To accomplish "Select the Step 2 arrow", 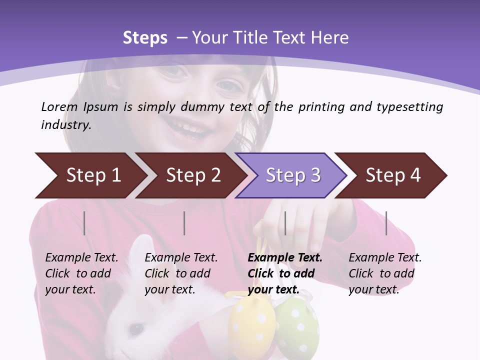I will pyautogui.click(x=192, y=175).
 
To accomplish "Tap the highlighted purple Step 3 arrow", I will pyautogui.click(x=292, y=175).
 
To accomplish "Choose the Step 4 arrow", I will pyautogui.click(x=393, y=175).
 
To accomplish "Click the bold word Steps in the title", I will pyautogui.click(x=145, y=38).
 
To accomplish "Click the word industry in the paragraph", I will pyautogui.click(x=65, y=125).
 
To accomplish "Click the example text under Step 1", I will pyautogui.click(x=81, y=273).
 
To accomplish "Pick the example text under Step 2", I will pyautogui.click(x=181, y=273).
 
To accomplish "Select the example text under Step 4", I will pyautogui.click(x=385, y=273).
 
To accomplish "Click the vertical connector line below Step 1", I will pyautogui.click(x=84, y=223).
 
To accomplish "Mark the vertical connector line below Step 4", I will pyautogui.click(x=386, y=223).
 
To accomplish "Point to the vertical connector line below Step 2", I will pyautogui.click(x=184, y=223).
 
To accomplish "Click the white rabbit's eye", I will pyautogui.click(x=134, y=328).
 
